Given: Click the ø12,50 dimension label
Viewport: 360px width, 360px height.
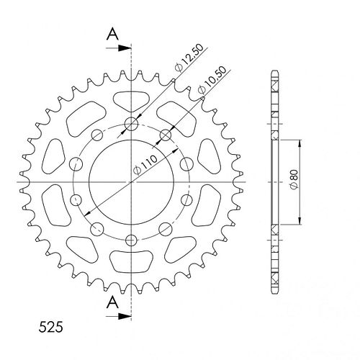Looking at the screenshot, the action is (189, 58).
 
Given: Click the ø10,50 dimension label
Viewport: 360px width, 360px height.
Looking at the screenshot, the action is (212, 80).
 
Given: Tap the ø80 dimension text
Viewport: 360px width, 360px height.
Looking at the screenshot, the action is (294, 179).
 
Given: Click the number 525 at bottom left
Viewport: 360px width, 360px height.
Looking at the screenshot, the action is (50, 327).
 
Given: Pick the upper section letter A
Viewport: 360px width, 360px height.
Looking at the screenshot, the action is (112, 34).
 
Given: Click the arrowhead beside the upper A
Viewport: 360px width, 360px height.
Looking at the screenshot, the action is (125, 48).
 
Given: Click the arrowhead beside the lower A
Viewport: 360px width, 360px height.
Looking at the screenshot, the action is (125, 316).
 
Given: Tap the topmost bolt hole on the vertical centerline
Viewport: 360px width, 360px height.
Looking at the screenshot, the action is (131, 124).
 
